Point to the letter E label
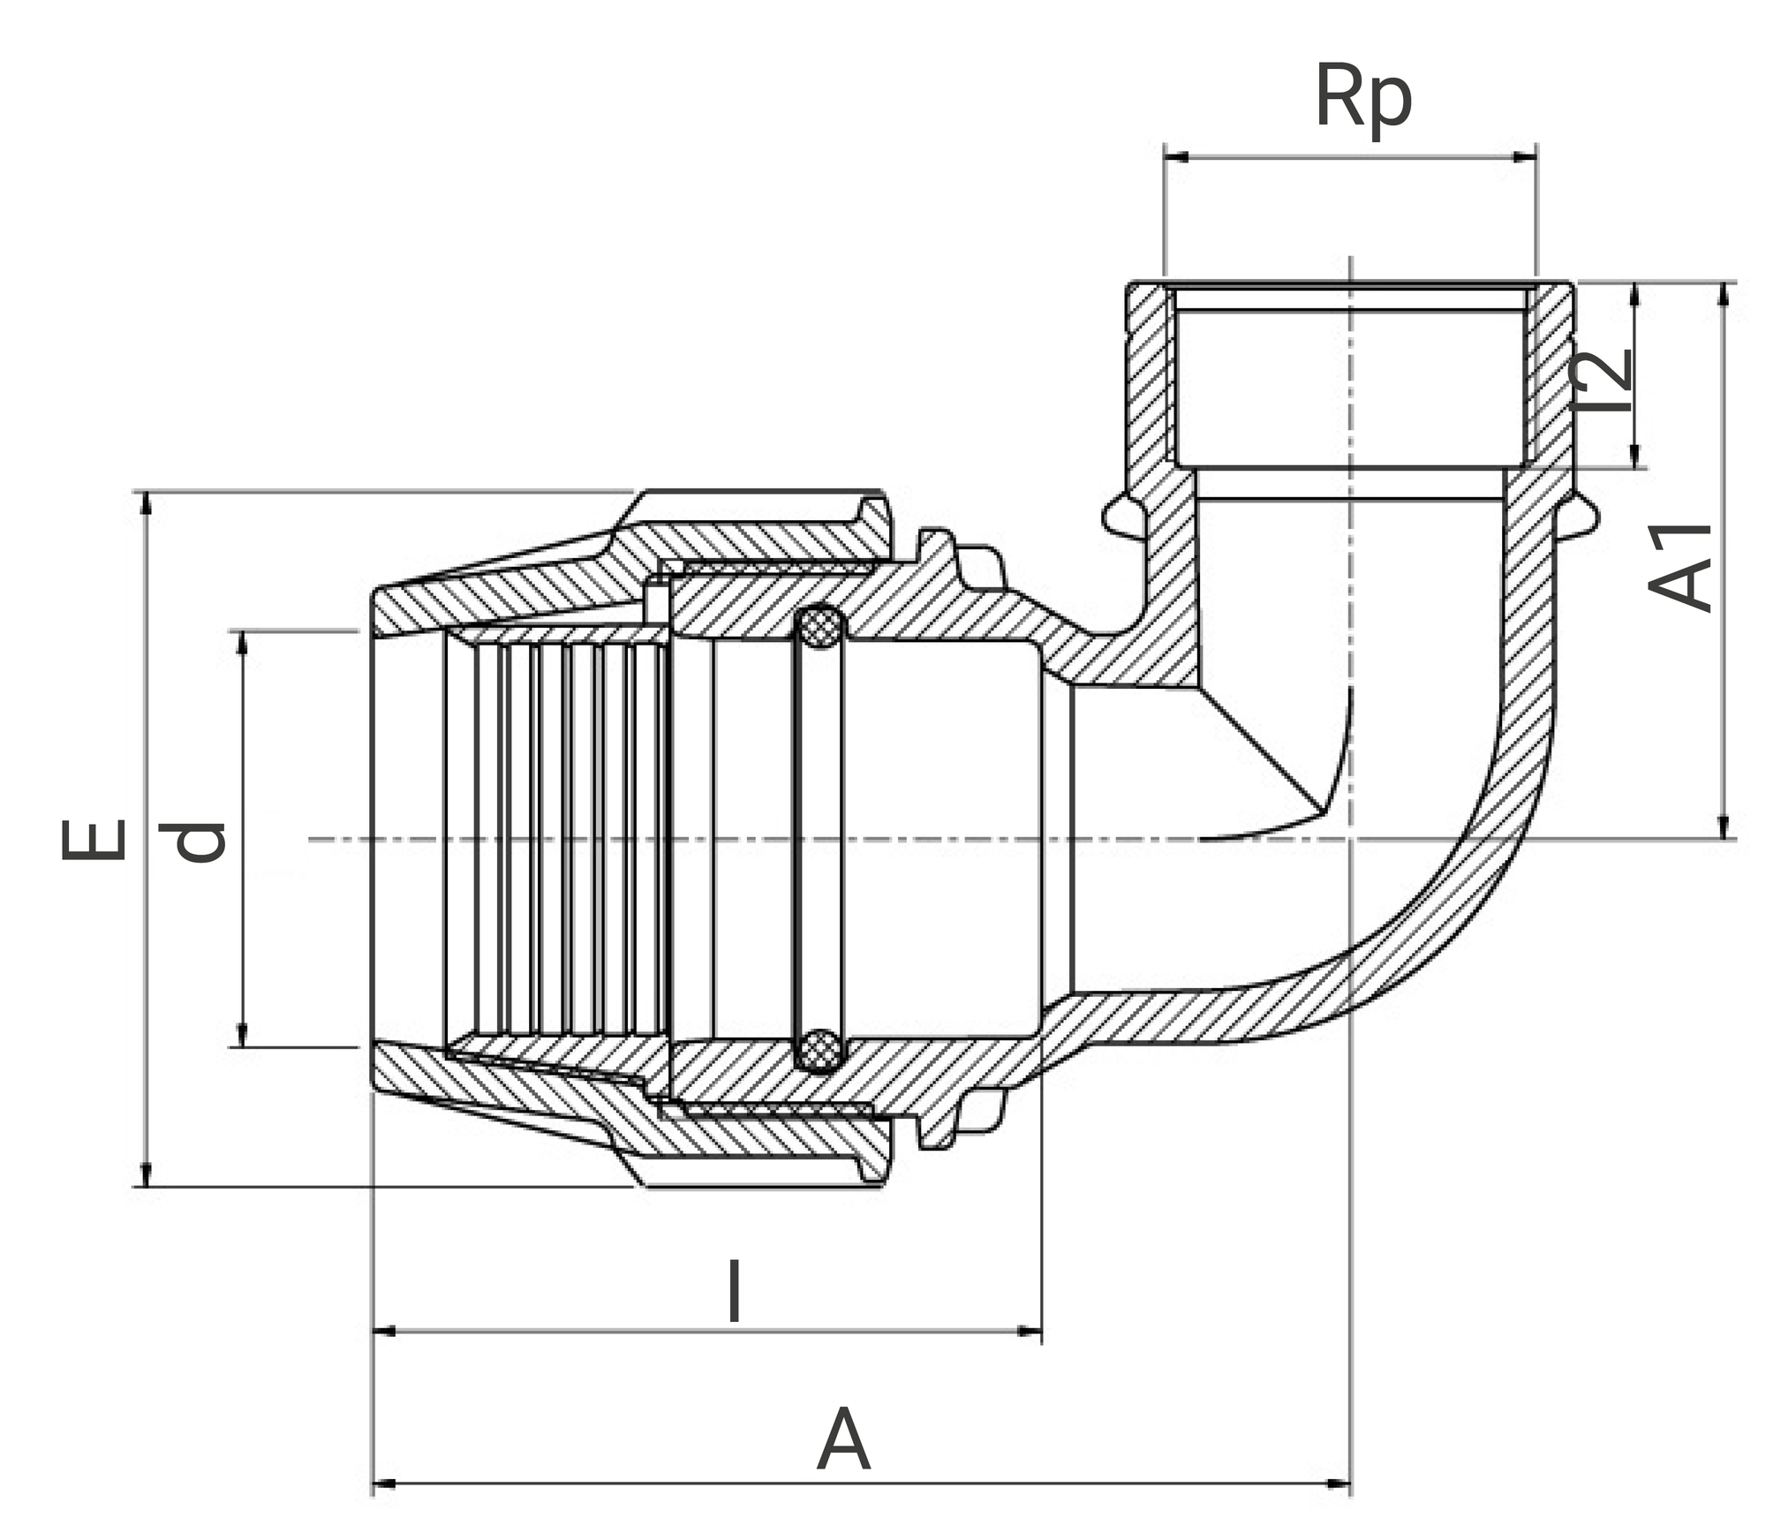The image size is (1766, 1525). tap(94, 839)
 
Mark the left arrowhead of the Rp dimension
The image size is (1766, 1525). tap(1176, 157)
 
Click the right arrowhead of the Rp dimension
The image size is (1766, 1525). tap(1525, 157)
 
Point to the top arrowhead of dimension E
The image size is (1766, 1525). tap(147, 503)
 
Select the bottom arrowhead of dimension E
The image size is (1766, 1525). tap(147, 1174)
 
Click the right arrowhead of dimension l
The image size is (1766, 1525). tap(1030, 1331)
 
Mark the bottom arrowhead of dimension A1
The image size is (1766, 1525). tap(1723, 827)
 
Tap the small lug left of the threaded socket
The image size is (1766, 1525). tap(1117, 516)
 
